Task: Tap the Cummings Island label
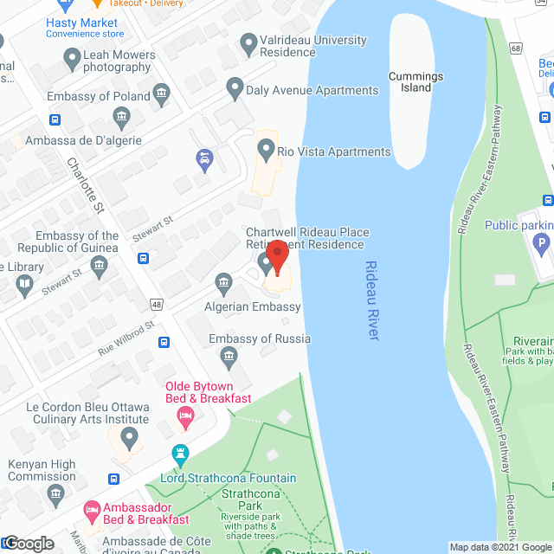415,82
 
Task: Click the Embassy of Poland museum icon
161,93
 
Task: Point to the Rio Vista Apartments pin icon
266,151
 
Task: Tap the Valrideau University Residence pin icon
249,41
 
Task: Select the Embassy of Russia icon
229,354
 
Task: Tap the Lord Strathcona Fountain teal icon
180,453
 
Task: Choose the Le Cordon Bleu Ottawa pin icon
129,439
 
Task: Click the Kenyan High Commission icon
56,494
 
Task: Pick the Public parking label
519,226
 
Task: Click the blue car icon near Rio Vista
204,158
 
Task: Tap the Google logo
29,544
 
